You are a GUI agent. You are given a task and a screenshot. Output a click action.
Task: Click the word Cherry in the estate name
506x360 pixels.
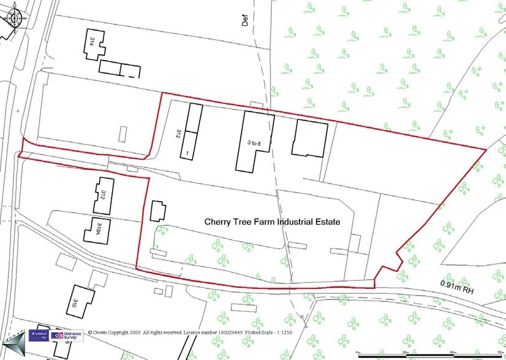[217, 222]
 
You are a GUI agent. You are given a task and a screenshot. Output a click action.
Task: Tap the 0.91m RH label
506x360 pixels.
[457, 284]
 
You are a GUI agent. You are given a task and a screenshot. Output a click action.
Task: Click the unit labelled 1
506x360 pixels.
[188, 146]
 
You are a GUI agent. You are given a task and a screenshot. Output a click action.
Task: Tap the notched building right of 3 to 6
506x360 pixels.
[309, 138]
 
